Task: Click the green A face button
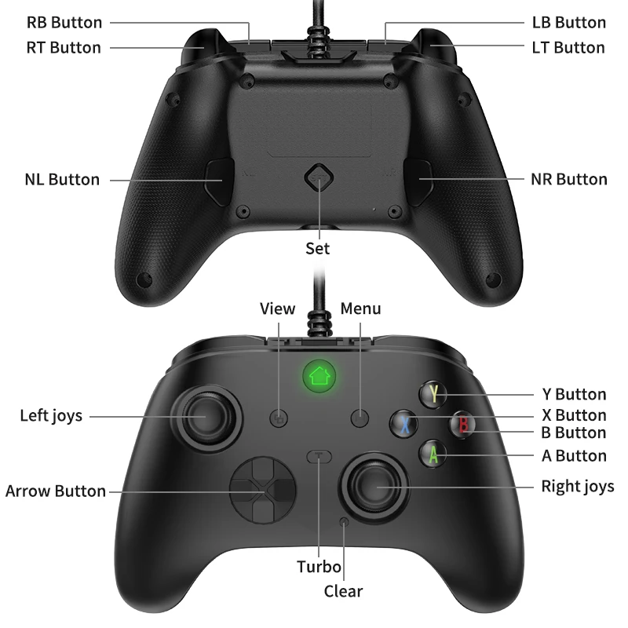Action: tap(433, 454)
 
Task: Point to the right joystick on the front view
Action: tap(372, 487)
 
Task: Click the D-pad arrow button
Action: tap(262, 491)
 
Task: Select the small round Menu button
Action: tap(360, 418)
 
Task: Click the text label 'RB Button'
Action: tap(64, 23)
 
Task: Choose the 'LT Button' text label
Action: tap(568, 47)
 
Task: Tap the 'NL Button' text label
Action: tap(62, 180)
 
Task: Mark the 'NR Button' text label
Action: tap(569, 180)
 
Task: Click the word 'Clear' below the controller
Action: tap(344, 591)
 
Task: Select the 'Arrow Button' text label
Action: tap(55, 491)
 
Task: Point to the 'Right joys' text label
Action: tap(578, 487)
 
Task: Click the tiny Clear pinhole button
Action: tap(344, 521)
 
